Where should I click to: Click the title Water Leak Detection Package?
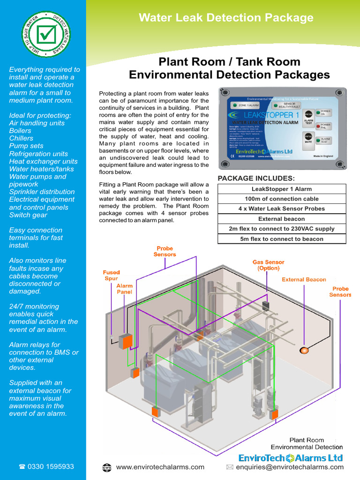pyautogui.click(x=226, y=18)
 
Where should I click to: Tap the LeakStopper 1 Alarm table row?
pyautogui.click(x=282, y=189)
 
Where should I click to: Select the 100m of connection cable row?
pyautogui.click(x=282, y=199)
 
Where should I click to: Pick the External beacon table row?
pyautogui.click(x=282, y=219)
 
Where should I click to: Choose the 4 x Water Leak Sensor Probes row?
pyautogui.click(x=282, y=209)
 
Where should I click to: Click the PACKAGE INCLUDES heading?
pyautogui.click(x=256, y=178)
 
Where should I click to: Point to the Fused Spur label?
pyautogui.click(x=112, y=275)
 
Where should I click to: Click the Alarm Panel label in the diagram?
pyautogui.click(x=125, y=289)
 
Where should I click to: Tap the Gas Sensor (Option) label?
pyautogui.click(x=269, y=265)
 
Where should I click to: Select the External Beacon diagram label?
pyautogui.click(x=304, y=280)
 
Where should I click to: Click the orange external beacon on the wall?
pyautogui.click(x=304, y=349)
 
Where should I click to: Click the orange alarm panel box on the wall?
pyautogui.click(x=125, y=341)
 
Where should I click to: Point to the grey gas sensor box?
pyautogui.click(x=266, y=305)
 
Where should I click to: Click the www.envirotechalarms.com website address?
pyautogui.click(x=160, y=467)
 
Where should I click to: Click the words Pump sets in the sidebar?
pyautogui.click(x=26, y=146)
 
